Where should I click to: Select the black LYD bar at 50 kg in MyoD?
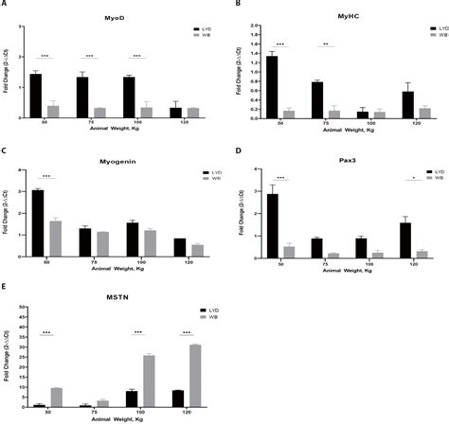pos(35,96)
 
